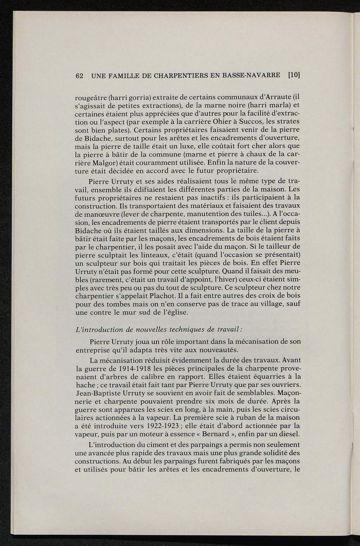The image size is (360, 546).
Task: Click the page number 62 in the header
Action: [x=79, y=76]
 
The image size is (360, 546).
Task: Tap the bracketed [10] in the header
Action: [x=294, y=75]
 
